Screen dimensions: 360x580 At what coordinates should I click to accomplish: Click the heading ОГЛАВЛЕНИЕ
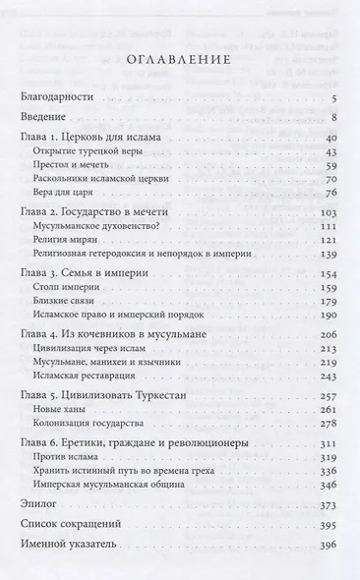pyautogui.click(x=179, y=60)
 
